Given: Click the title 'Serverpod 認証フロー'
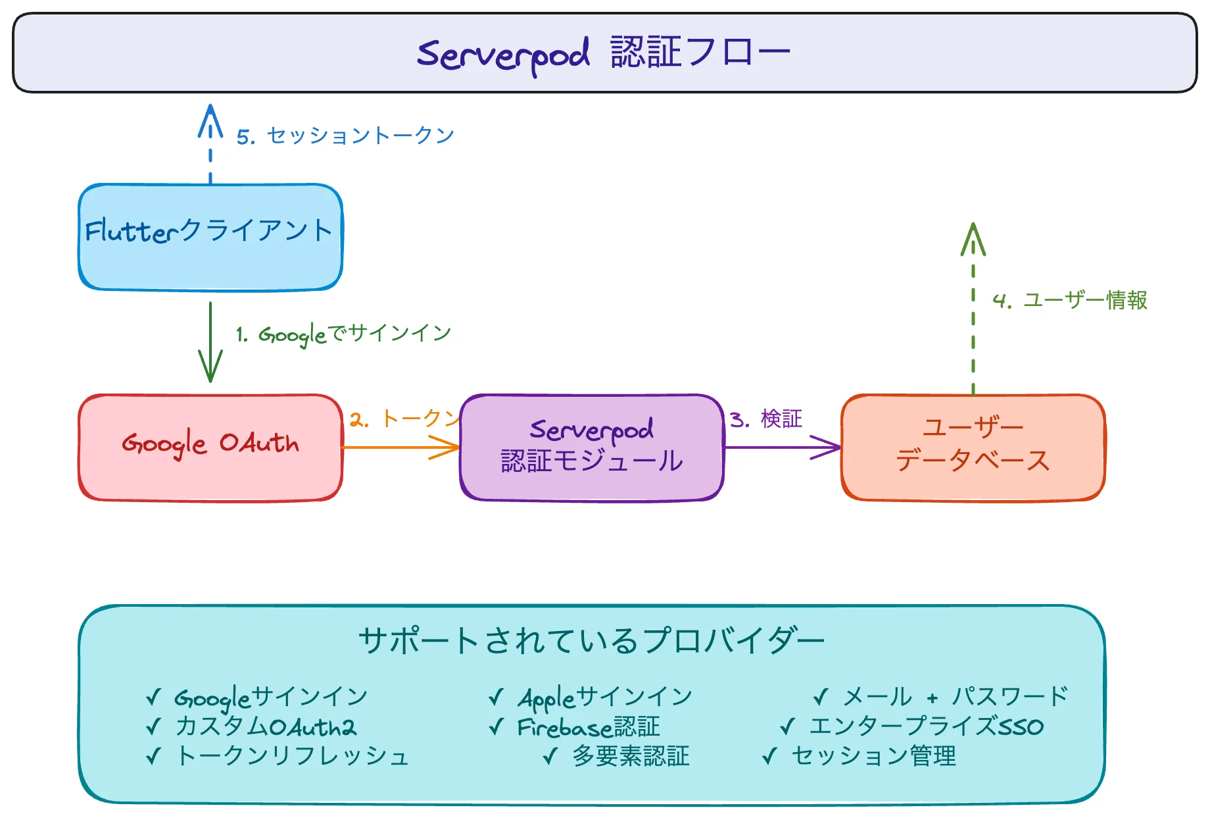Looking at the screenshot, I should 604,53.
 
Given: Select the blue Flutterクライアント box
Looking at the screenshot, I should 210,237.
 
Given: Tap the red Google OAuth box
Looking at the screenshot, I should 210,447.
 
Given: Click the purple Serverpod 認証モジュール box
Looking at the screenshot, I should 592,447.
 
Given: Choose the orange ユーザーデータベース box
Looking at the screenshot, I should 973,447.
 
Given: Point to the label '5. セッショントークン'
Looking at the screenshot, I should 346,136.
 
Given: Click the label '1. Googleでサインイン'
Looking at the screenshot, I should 344,334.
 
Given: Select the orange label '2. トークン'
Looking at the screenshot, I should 404,419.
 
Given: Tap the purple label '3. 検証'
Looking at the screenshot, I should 766,419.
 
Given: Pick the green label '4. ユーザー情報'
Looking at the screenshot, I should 1070,300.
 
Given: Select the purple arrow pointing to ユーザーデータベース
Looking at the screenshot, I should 783,447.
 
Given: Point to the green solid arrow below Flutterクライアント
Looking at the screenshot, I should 210,342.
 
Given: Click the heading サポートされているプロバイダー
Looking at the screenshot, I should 592,640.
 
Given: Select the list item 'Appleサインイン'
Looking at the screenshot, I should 605,696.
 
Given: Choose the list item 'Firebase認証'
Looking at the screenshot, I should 589,727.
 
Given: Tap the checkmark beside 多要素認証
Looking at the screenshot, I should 551,756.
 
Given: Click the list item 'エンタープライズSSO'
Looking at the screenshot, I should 926,727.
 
